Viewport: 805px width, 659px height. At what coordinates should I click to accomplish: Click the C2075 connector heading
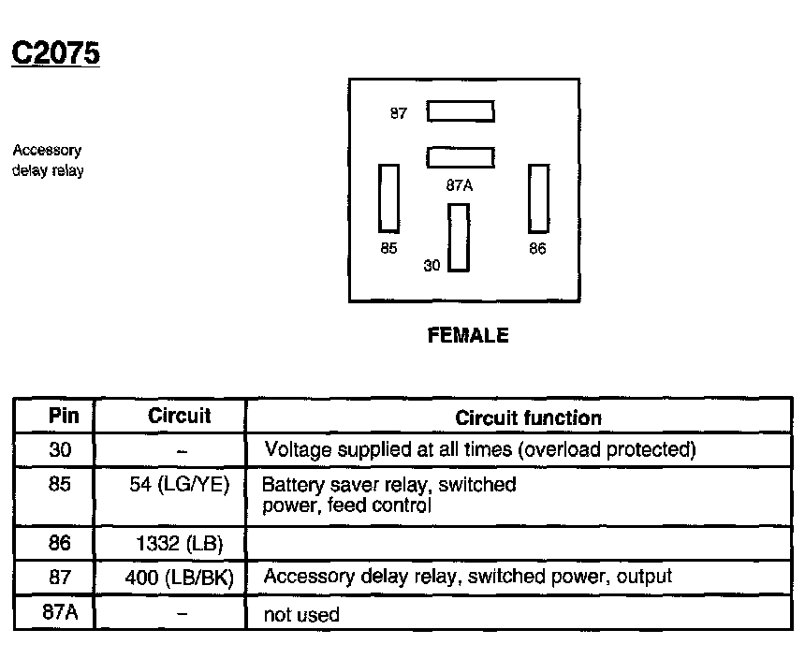55,53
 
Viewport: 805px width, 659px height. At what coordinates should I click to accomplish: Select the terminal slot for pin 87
461,112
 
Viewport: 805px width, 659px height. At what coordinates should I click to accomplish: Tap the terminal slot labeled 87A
461,157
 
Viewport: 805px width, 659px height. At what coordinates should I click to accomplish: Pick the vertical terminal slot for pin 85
388,198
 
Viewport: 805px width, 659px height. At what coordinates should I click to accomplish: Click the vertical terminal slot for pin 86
538,198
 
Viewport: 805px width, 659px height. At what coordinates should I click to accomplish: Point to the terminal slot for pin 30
458,237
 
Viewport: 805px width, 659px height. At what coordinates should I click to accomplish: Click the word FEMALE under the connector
468,335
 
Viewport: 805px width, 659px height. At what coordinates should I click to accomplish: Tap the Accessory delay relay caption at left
48,160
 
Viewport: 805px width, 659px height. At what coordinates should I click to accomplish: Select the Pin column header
64,416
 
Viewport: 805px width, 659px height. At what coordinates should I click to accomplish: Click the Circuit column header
180,416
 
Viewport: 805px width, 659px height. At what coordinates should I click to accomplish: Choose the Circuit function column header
528,417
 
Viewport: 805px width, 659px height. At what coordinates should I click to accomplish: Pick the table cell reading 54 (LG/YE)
180,485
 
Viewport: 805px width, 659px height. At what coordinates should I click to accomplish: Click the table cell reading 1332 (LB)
180,543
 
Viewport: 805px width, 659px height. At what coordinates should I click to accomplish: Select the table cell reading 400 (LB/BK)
179,577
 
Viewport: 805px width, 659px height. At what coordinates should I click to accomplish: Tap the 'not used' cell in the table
302,615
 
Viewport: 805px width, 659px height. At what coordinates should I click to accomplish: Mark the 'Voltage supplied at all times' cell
480,449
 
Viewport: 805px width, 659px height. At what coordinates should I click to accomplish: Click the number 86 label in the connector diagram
537,249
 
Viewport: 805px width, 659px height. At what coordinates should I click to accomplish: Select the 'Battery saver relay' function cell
388,495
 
